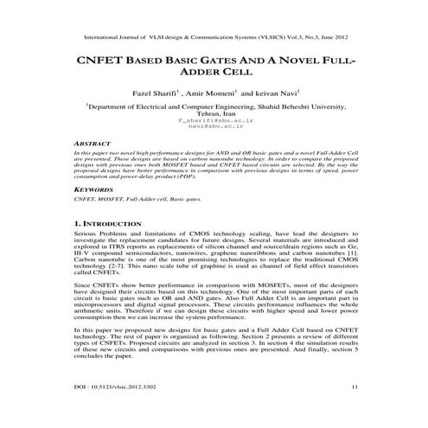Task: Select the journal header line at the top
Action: (x=214, y=37)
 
